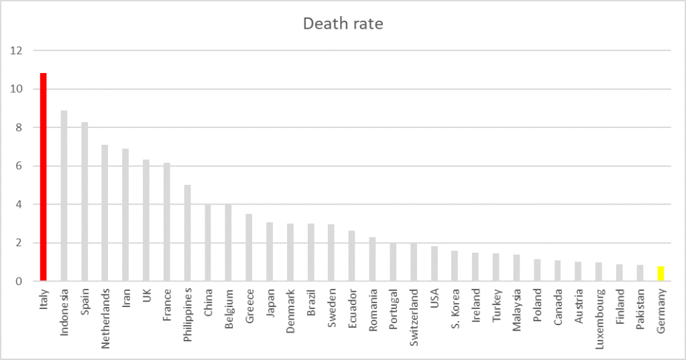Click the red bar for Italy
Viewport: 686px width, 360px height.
coord(44,177)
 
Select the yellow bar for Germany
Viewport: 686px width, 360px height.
coord(661,274)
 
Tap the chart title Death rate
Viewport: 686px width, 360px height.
coord(343,24)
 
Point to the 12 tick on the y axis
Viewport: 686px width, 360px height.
coord(17,50)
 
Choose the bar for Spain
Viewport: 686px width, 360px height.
coord(84,201)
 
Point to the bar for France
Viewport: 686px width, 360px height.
coord(167,222)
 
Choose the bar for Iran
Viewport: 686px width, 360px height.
coord(125,215)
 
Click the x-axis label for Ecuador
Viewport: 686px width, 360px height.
coord(352,305)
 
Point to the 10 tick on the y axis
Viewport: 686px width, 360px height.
coord(17,89)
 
